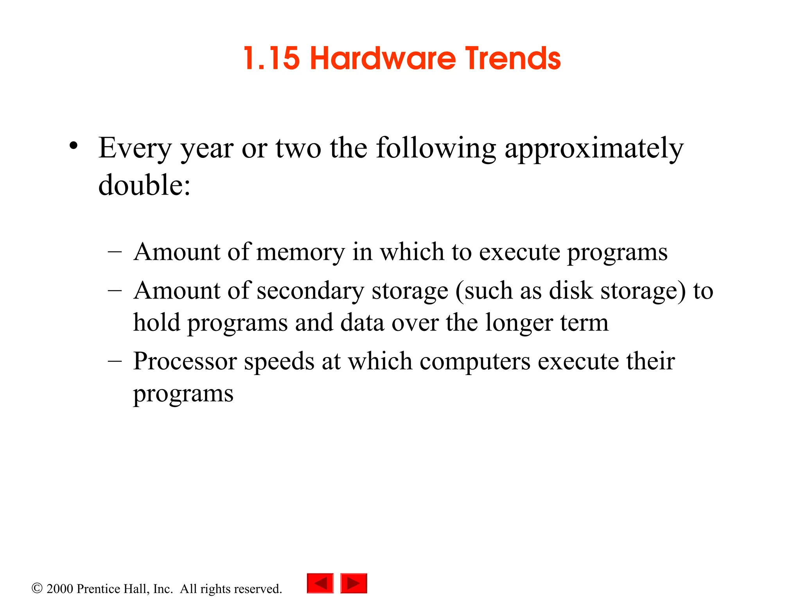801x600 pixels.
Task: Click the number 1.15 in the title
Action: pos(271,59)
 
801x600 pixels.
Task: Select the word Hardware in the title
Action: pos(383,59)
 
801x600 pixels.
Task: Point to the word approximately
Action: pos(594,149)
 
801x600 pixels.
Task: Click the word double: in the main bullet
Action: pos(144,185)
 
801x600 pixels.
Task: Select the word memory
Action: pos(300,252)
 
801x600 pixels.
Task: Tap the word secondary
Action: pos(310,291)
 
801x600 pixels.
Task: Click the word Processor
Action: pos(185,361)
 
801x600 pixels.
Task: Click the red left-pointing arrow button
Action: pos(320,583)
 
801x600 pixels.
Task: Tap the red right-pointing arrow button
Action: pos(354,583)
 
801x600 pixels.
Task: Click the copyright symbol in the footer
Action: pos(37,588)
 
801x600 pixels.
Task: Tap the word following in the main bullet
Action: pos(436,149)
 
